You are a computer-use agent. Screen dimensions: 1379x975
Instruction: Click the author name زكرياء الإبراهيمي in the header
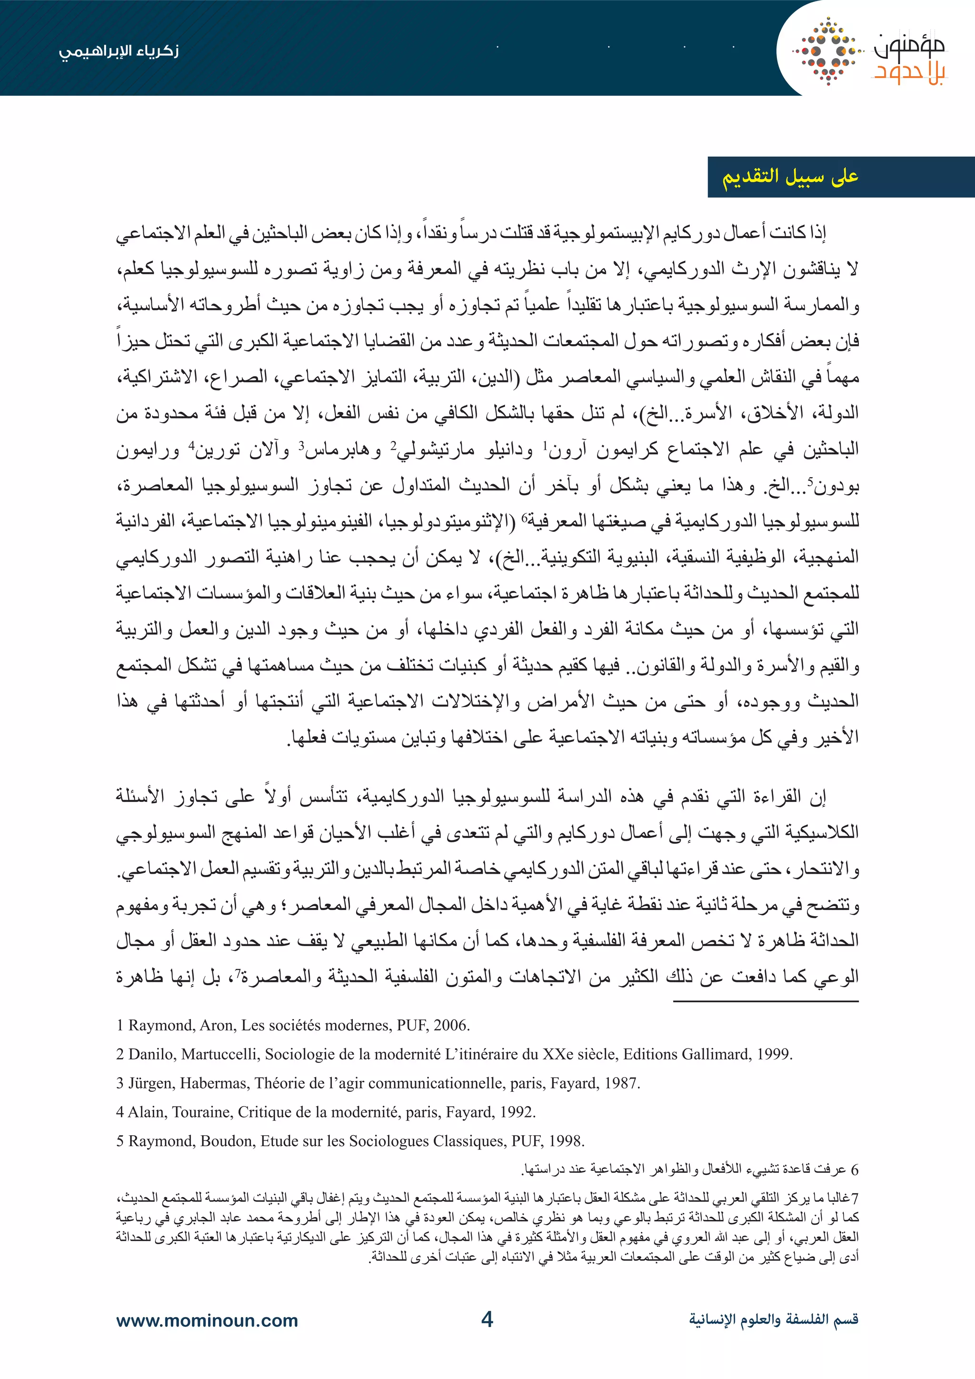(x=119, y=51)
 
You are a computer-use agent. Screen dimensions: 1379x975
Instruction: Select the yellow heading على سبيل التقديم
(x=790, y=177)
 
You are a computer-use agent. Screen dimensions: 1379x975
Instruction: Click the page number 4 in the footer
(x=487, y=1319)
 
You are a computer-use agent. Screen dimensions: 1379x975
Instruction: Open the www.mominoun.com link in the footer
(x=207, y=1321)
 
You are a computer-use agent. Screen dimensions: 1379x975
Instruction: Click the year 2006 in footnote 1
(x=450, y=1025)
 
